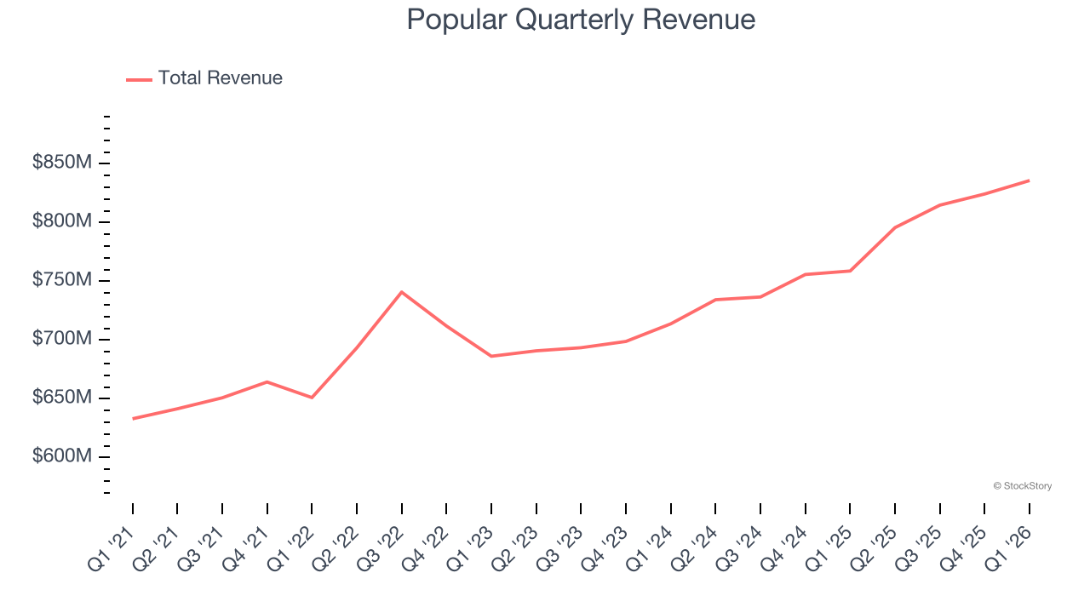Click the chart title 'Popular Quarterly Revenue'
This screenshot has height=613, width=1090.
581,20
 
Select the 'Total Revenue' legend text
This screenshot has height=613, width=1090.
220,78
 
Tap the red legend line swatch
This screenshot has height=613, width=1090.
139,79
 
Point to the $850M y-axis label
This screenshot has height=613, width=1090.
61,163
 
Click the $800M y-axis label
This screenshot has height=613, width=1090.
61,221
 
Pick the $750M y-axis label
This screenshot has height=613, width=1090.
61,280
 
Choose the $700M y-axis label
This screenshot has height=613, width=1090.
61,339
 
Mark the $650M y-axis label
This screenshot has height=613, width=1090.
61,398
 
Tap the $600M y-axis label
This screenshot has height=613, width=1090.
61,456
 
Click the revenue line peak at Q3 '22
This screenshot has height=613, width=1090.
401,292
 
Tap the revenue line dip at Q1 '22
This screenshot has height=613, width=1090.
312,398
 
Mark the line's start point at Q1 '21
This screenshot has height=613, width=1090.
133,419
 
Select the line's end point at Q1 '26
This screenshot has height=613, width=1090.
1029,180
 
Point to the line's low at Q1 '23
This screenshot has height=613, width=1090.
491,356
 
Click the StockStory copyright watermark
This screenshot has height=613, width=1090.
1022,486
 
